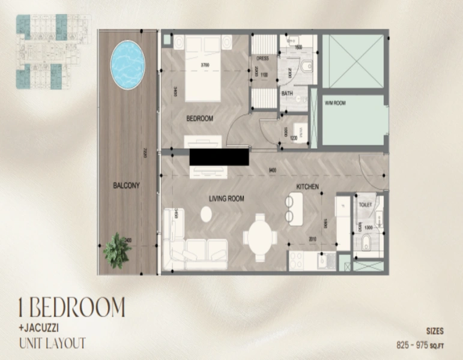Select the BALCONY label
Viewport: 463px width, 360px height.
[126, 186]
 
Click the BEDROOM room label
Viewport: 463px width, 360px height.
[199, 119]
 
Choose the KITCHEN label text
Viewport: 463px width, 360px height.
[306, 187]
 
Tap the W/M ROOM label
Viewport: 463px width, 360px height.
[335, 103]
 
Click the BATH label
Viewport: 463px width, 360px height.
[287, 94]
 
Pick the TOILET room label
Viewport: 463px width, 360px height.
[365, 205]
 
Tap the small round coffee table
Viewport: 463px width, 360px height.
[206, 214]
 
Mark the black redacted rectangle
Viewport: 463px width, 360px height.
[219, 157]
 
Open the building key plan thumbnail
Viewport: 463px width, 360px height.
[53, 52]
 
